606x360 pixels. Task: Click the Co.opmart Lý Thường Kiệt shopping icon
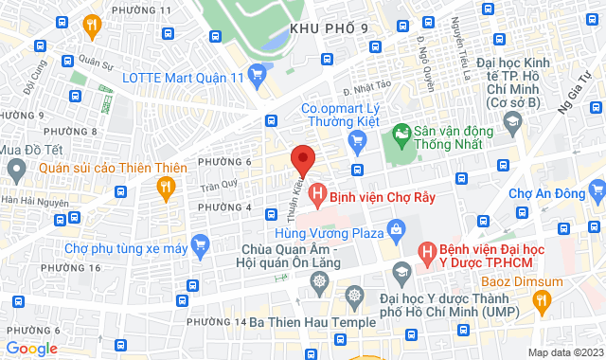pos(357,143)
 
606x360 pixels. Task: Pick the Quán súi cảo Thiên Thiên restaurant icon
pos(167,187)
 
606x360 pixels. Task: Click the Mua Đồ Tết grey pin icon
pos(15,171)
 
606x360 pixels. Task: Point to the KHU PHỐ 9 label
pos(328,28)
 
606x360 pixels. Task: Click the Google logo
pos(31,348)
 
